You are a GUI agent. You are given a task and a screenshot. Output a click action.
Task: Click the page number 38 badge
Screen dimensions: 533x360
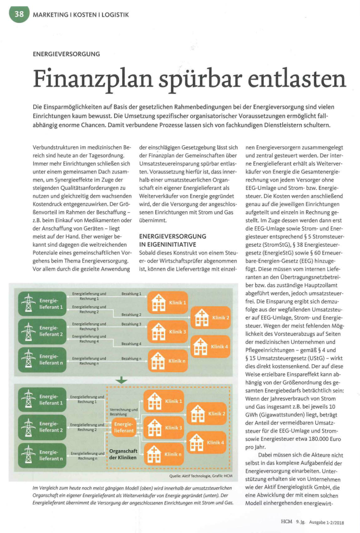pyautogui.click(x=19, y=15)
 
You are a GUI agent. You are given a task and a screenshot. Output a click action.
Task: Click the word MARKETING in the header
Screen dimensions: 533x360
pyautogui.click(x=51, y=15)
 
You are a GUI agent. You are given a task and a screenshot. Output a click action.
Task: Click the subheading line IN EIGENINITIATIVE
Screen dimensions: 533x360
pyautogui.click(x=168, y=244)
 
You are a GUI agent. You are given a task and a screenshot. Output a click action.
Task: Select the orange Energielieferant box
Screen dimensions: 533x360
pyautogui.click(x=124, y=427)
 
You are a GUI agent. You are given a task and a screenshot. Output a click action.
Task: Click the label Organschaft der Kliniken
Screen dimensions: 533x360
pyautogui.click(x=123, y=454)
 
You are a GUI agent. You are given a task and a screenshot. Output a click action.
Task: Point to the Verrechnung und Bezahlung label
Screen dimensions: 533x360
pyautogui.click(x=123, y=412)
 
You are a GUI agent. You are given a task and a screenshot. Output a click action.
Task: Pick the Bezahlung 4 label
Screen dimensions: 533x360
pyautogui.click(x=131, y=344)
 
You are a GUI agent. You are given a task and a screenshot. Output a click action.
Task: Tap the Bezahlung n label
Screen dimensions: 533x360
pyautogui.click(x=131, y=359)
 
